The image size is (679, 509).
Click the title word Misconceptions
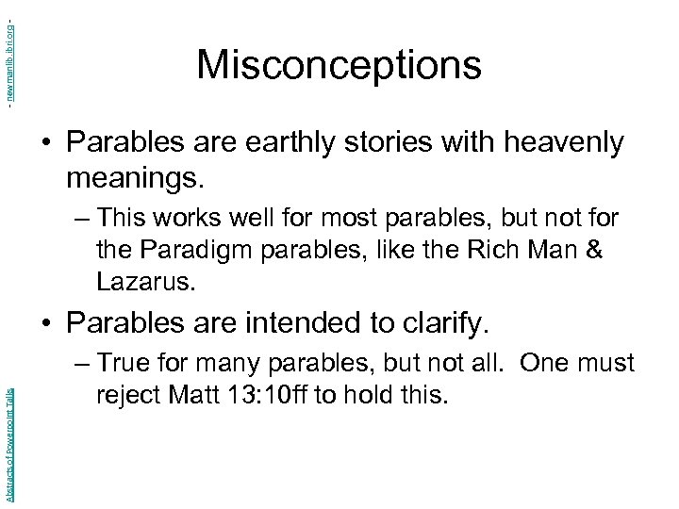[339, 65]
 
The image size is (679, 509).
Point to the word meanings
[134, 176]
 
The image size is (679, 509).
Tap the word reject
[125, 393]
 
